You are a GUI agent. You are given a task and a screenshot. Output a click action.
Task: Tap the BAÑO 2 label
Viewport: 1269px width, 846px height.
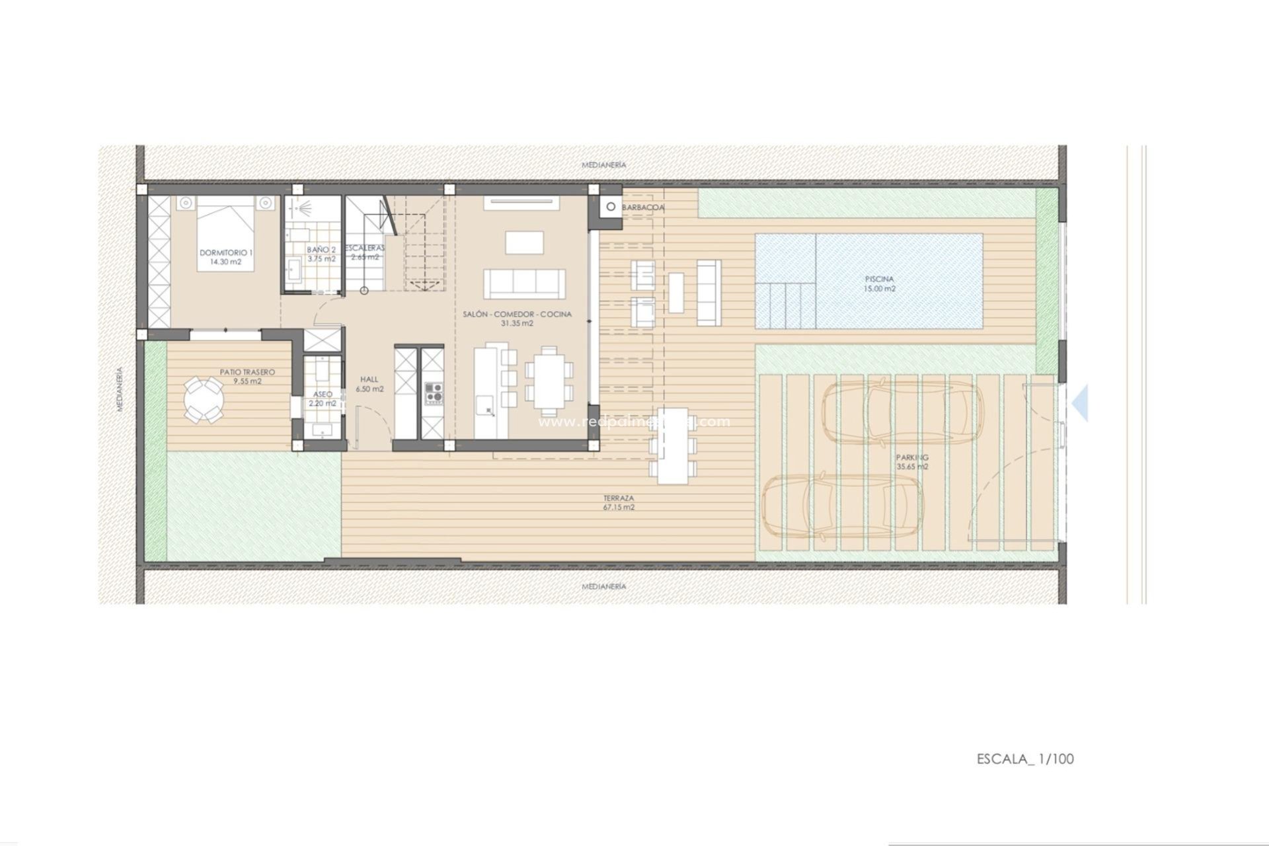[321, 250]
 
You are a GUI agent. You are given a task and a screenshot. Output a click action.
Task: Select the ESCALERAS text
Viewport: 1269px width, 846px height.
[365, 248]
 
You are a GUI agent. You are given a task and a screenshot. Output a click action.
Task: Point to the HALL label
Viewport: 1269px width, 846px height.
[369, 379]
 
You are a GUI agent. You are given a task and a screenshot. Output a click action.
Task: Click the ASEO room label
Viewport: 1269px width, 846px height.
[323, 394]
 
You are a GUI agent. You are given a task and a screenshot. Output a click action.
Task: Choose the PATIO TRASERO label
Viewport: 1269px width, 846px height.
[247, 372]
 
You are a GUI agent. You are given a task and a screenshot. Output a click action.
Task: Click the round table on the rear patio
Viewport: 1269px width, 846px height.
[203, 400]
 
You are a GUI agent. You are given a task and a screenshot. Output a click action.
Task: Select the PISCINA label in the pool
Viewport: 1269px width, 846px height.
[879, 279]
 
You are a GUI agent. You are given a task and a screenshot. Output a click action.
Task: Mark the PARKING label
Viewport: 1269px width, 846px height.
[912, 457]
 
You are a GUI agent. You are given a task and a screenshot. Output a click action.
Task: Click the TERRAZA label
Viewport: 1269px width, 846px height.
[619, 498]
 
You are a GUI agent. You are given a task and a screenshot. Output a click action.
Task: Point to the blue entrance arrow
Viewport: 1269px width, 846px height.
[1080, 404]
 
